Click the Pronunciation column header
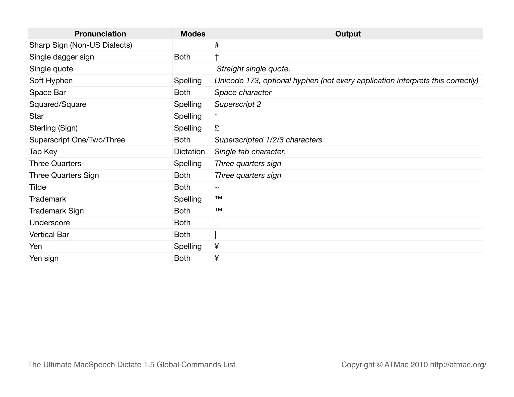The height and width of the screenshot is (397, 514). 100,34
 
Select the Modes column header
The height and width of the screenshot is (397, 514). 193,34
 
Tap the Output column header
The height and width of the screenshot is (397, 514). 348,34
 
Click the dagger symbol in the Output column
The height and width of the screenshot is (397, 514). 217,57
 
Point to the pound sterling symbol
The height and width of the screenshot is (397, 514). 217,128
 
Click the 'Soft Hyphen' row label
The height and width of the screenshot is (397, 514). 51,81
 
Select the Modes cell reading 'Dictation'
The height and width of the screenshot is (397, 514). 189,152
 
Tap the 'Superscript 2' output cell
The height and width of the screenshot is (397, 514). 238,104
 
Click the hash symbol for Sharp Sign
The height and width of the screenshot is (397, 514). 217,45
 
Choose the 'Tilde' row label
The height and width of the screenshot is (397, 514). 38,187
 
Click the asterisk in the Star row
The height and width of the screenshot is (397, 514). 216,115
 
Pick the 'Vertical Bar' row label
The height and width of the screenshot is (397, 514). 49,234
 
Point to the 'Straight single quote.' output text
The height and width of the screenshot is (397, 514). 253,69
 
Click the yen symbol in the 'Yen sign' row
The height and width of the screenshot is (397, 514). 217,258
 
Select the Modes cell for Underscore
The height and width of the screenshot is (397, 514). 182,223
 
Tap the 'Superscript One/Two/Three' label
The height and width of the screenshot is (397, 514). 77,140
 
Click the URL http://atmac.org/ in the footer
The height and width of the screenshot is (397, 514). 458,364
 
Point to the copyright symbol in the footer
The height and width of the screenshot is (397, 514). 379,365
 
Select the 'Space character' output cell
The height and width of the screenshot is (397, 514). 243,93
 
